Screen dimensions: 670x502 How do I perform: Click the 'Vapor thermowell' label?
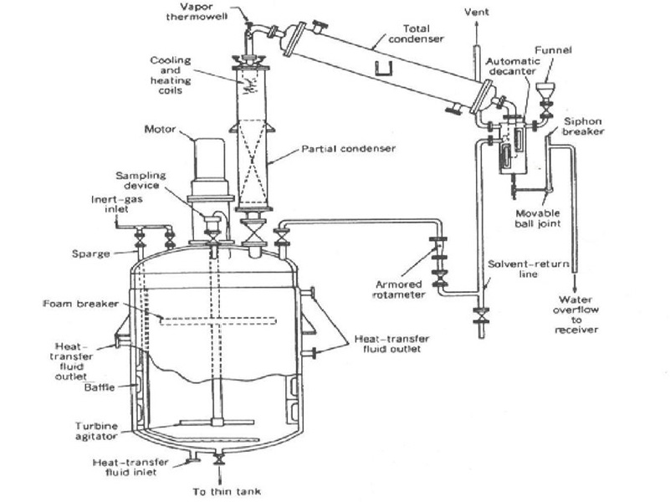click(197, 12)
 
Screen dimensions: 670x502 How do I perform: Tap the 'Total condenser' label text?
click(417, 33)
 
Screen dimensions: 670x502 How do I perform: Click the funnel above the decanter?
click(545, 91)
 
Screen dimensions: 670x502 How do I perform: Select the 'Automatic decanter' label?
click(512, 66)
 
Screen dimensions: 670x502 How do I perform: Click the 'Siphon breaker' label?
click(583, 126)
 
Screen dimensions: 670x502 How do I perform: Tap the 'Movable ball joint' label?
click(538, 218)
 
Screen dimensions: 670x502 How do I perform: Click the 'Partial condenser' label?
click(349, 149)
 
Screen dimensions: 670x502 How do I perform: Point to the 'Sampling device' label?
click(141, 180)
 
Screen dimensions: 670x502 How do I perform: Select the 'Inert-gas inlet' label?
click(116, 204)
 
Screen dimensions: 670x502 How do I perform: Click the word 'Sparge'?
click(90, 254)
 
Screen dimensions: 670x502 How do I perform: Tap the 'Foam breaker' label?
click(81, 304)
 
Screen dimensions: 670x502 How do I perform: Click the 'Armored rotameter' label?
click(399, 289)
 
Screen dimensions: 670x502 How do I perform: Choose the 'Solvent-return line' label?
click(528, 269)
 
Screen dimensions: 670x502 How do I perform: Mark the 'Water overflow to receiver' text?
click(575, 315)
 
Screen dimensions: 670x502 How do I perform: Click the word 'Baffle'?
click(100, 387)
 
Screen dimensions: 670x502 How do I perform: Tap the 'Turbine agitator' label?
click(96, 431)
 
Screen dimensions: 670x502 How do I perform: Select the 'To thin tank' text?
click(227, 491)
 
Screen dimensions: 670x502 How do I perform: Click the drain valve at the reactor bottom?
click(220, 459)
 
